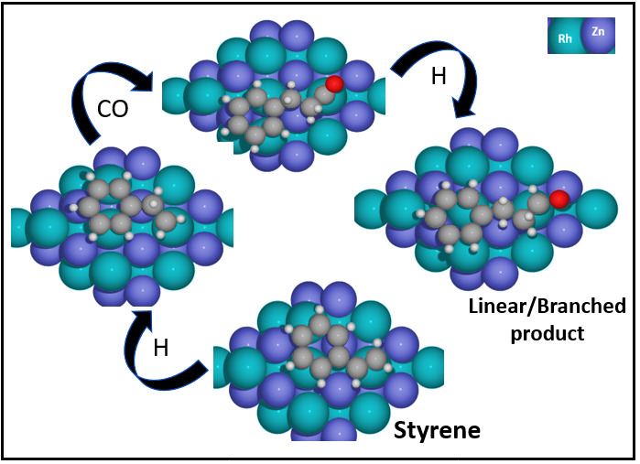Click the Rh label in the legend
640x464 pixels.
coord(565,39)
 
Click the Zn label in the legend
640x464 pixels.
coord(598,31)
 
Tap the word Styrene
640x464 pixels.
coord(437,429)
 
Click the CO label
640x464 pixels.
coord(113,110)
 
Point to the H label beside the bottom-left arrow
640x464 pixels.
coord(160,347)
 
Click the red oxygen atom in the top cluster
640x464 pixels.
coord(334,84)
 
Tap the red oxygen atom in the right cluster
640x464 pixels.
coord(559,199)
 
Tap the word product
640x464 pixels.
coord(548,332)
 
